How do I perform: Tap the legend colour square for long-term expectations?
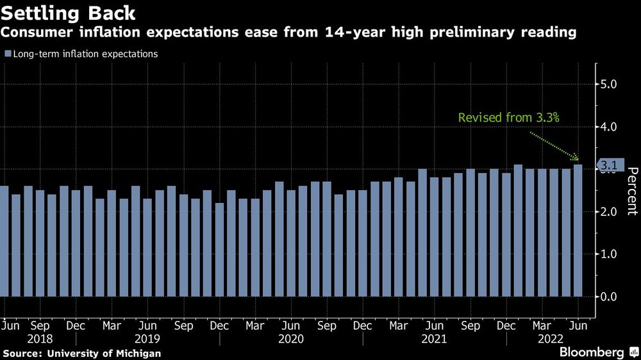click(7, 54)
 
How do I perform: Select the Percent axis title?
click(631, 191)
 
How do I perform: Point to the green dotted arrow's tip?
click(578, 160)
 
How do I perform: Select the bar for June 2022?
click(578, 231)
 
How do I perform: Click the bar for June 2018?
click(4, 241)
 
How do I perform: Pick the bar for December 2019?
click(219, 250)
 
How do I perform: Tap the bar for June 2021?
click(435, 237)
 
